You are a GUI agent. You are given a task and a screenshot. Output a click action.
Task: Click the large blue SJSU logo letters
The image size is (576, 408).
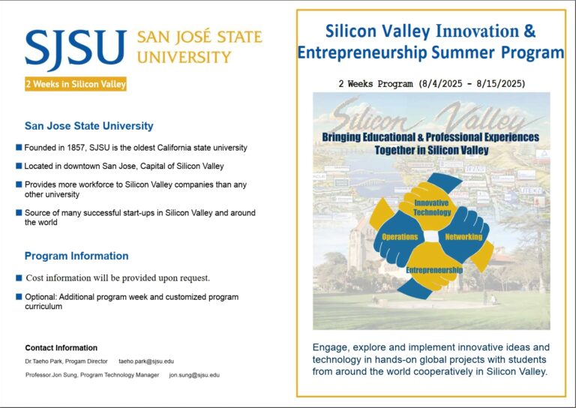tap(76, 49)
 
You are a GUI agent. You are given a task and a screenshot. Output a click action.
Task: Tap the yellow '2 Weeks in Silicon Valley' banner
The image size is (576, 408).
tap(76, 84)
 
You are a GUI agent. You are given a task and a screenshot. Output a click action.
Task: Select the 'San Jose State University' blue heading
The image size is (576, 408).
tap(89, 126)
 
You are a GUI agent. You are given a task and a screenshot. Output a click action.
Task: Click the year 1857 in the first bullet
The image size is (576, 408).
tap(76, 148)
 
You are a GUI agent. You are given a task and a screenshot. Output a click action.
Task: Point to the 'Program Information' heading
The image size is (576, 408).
tap(76, 256)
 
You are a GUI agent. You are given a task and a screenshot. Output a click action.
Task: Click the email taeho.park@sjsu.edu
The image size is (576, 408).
tap(146, 361)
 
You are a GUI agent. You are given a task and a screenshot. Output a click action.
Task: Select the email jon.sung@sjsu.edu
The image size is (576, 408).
tap(194, 375)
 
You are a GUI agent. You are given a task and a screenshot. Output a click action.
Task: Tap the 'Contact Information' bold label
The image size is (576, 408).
tap(61, 348)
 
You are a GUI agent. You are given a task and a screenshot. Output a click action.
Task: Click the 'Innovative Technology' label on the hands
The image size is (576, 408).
tap(432, 208)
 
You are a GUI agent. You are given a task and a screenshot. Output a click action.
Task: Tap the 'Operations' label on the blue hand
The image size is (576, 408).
tap(400, 237)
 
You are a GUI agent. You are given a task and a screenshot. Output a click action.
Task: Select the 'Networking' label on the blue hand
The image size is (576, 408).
tap(463, 237)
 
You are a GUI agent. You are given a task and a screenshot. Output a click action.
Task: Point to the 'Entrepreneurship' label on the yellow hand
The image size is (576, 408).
tap(434, 270)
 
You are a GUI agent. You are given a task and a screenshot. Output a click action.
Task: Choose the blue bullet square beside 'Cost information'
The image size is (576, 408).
tap(19, 277)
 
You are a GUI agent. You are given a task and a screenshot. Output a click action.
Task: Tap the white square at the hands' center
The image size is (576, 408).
tap(431, 236)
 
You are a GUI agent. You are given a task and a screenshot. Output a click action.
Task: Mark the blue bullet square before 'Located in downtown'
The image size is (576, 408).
tap(19, 166)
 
